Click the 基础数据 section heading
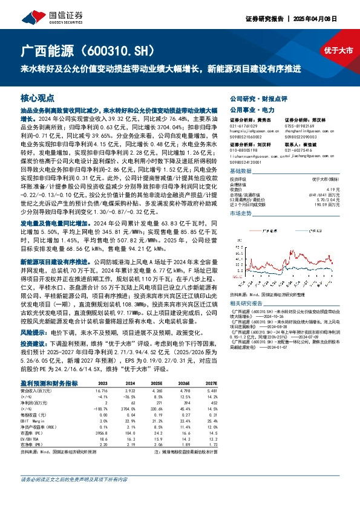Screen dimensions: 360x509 [x=243, y=172]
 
